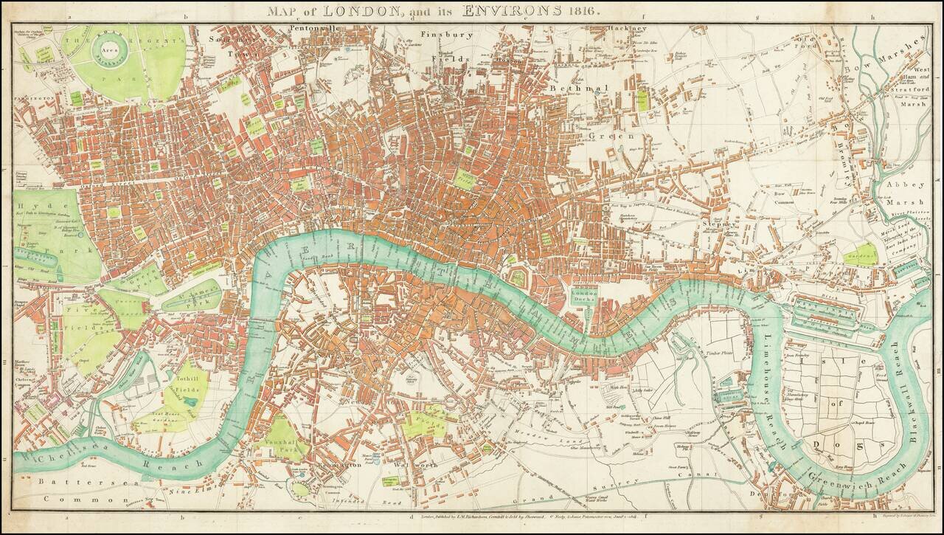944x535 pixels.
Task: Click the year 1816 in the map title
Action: pyautogui.click(x=583, y=11)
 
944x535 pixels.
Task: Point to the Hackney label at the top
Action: pyautogui.click(x=628, y=29)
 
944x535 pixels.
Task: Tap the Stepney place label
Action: pyautogui.click(x=718, y=224)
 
